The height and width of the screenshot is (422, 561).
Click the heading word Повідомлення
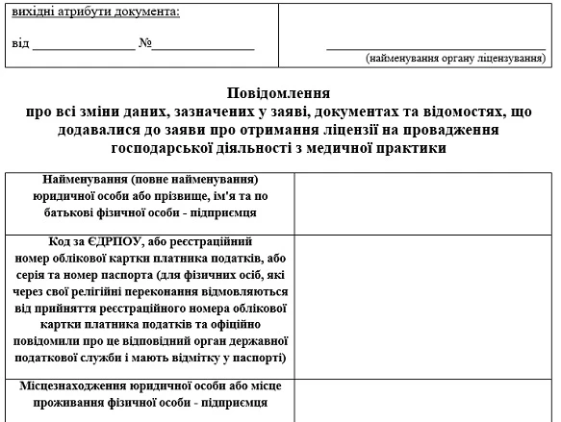[x=278, y=93]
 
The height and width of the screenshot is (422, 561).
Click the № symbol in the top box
[x=145, y=44]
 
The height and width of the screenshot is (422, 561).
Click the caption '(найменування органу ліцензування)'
[x=455, y=60]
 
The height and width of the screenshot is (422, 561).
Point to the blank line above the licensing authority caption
[x=436, y=46]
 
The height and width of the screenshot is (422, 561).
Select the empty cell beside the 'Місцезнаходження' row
[x=424, y=398]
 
